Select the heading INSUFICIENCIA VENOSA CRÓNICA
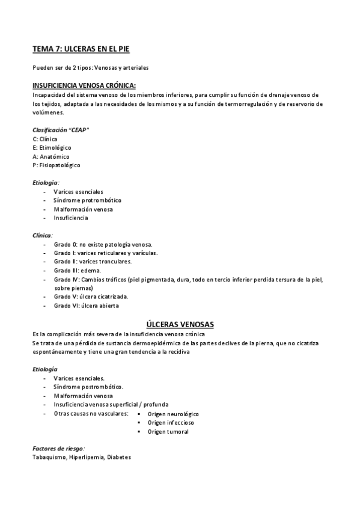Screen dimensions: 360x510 click(x=84, y=86)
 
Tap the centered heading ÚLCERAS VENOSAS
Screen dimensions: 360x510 click(x=180, y=324)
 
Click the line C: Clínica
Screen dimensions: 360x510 click(x=45, y=139)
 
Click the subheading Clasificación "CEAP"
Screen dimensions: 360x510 click(x=61, y=130)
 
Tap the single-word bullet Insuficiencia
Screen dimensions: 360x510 click(x=70, y=218)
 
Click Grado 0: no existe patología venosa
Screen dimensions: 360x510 click(x=103, y=244)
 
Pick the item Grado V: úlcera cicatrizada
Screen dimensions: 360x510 click(x=90, y=296)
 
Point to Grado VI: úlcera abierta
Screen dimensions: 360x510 click(x=86, y=306)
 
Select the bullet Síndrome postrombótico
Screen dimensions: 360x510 click(x=88, y=387)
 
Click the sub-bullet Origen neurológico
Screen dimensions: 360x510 click(x=173, y=414)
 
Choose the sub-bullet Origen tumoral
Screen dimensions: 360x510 click(x=168, y=432)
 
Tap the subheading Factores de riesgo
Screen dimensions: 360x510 click(x=58, y=449)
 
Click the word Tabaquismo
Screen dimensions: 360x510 click(x=48, y=458)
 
